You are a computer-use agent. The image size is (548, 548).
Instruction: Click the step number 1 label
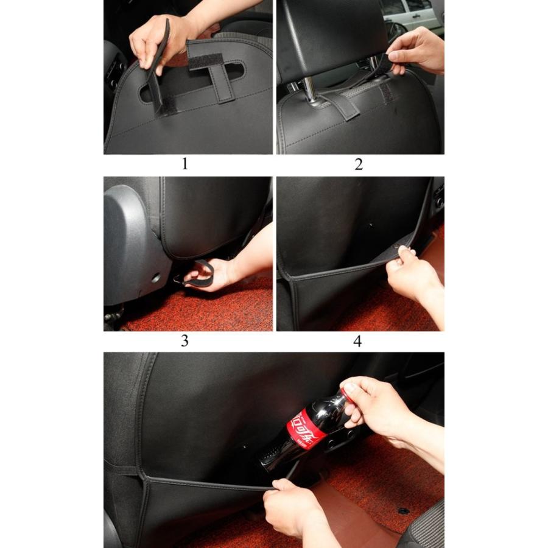[x=185, y=164]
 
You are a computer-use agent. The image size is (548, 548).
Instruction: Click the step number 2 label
[x=359, y=164]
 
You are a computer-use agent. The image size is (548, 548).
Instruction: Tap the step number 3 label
[x=185, y=341]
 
